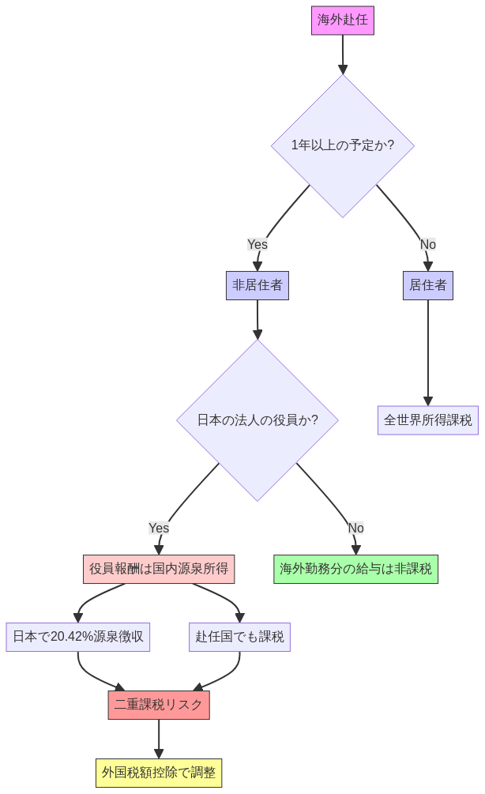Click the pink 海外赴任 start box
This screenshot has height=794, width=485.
point(342,21)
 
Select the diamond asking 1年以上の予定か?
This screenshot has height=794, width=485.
point(342,145)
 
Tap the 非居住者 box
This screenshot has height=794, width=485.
point(258,285)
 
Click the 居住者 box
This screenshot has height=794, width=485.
point(427,285)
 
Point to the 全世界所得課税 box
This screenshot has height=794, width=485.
point(427,420)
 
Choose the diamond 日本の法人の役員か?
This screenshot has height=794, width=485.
point(258,420)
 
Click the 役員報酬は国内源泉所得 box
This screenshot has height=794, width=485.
point(159,569)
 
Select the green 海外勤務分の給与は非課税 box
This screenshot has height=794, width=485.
point(355,569)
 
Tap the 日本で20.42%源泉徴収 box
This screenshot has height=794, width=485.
point(78,637)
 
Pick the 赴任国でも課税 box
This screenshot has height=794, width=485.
point(239,637)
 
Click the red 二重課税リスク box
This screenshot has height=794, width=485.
point(159,705)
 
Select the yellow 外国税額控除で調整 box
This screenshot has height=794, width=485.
point(159,773)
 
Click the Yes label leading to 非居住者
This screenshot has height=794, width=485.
point(258,244)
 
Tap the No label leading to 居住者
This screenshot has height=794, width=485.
point(427,244)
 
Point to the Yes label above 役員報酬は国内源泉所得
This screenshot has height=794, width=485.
point(159,528)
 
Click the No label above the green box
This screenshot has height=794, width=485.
point(355,528)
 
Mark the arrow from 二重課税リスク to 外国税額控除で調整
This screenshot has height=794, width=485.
point(159,739)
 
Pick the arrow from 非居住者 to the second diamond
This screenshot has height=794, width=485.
point(258,319)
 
